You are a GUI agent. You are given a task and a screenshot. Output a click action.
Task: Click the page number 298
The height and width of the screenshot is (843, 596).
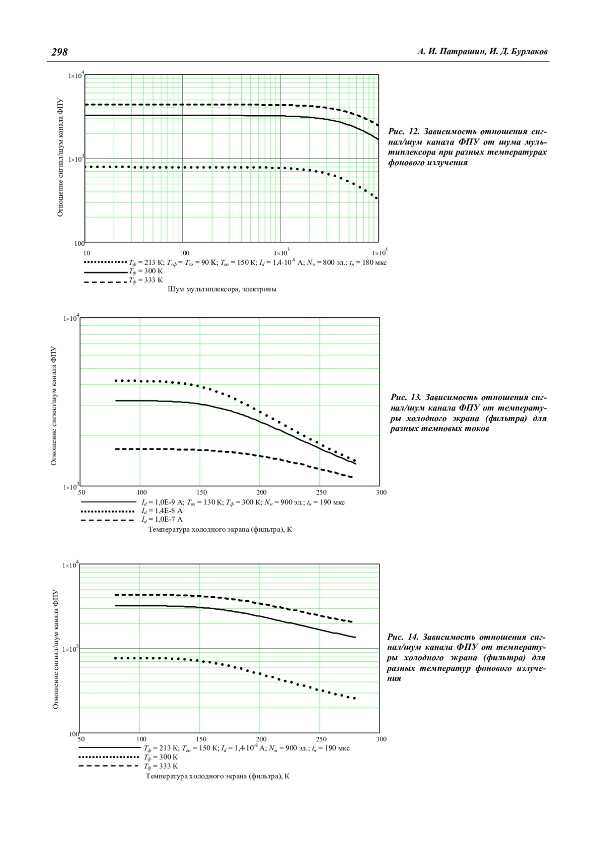point(60,52)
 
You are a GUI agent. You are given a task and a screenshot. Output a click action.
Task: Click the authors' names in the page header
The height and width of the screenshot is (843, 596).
point(482,52)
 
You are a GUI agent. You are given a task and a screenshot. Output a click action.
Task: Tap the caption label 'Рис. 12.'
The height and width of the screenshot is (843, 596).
point(404,132)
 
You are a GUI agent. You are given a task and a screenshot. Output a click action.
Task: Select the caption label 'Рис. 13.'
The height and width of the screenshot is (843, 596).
point(406,397)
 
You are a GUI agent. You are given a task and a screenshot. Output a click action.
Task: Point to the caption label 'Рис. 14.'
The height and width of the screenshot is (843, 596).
point(403,637)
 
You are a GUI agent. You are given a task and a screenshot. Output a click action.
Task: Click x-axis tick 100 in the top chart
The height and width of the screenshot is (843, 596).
point(184,253)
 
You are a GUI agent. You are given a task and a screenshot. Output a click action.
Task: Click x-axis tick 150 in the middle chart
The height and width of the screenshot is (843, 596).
point(202,492)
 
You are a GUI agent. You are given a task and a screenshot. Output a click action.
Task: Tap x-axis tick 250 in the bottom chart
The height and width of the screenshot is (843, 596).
point(321,739)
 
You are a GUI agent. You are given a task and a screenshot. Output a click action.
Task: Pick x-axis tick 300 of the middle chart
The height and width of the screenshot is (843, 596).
point(381,492)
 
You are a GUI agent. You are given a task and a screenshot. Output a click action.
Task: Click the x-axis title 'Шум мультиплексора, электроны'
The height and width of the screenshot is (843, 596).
point(222,289)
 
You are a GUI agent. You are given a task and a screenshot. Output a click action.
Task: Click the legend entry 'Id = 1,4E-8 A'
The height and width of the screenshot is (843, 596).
point(162,510)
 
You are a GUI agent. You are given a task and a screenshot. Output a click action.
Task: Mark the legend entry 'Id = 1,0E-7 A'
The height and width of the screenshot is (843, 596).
point(162,519)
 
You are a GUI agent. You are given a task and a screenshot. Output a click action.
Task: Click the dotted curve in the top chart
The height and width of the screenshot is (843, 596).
point(223,167)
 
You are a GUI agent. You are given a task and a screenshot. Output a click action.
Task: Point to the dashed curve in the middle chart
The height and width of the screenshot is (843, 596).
point(223,451)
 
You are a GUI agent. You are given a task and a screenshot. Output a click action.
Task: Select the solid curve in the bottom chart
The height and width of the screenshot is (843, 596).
point(223,610)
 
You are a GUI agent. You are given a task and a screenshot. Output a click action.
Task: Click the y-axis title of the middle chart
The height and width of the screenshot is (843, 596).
point(54,406)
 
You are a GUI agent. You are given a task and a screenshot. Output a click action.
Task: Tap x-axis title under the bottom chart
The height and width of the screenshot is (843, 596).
point(218,776)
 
